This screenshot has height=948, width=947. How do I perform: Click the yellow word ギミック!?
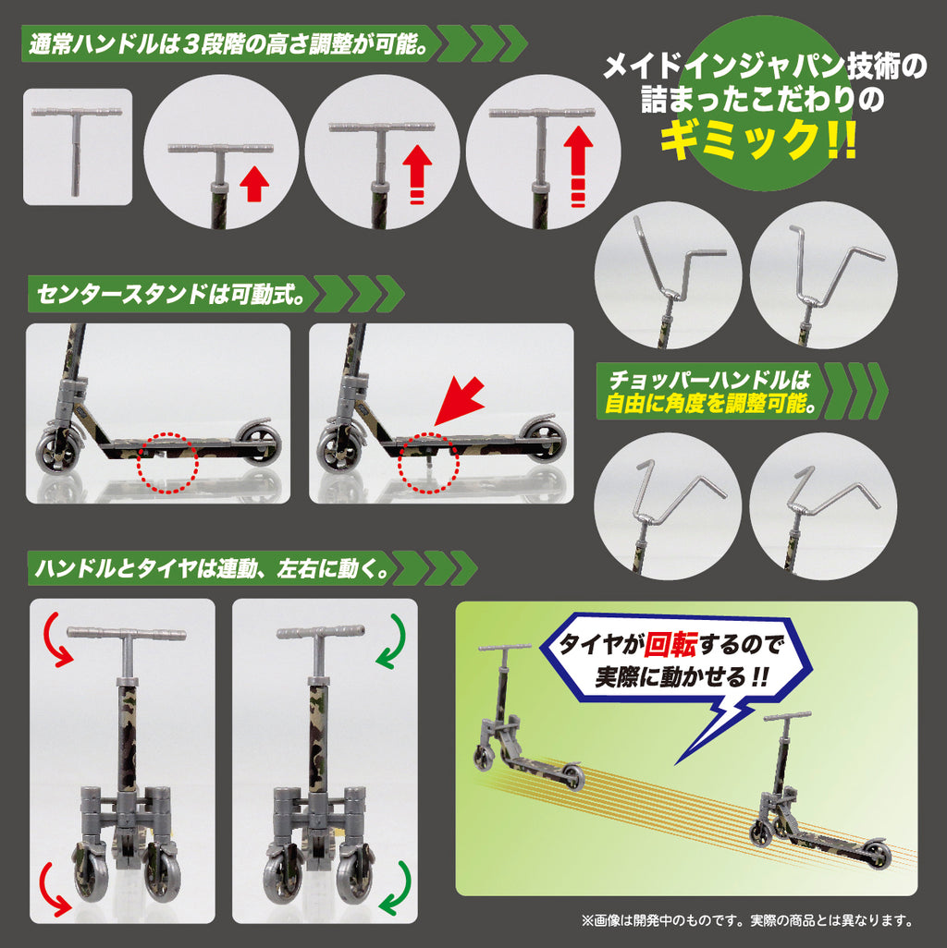[x=758, y=139]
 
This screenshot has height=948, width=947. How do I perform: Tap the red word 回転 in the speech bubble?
[x=670, y=645]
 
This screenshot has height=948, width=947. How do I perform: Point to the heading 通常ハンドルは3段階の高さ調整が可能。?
[x=227, y=43]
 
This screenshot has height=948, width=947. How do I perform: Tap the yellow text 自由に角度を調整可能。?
[x=710, y=403]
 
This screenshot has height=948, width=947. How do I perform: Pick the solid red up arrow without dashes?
[x=254, y=184]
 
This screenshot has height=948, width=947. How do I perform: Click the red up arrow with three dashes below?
[x=578, y=164]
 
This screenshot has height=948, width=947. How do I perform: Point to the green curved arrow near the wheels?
[x=397, y=888]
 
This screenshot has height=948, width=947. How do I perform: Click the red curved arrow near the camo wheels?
[x=54, y=888]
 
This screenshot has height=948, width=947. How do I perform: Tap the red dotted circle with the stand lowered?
[x=429, y=463]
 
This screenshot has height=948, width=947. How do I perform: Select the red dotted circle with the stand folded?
[x=167, y=463]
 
